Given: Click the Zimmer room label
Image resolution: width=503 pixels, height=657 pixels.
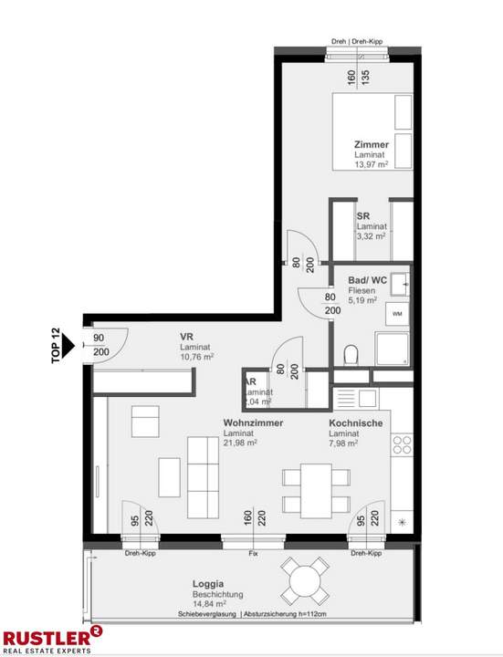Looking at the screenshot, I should pos(372,145).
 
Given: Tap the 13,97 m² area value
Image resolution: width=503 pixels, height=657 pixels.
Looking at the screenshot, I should pos(372,166).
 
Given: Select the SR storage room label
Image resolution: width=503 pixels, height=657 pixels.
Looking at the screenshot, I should pos(362,215).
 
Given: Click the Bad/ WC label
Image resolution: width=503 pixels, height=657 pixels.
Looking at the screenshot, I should pos(367,281).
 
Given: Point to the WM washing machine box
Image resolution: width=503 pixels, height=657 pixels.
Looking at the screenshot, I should pos(397,313).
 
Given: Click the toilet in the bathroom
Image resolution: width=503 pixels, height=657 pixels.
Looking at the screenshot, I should pos(350,354).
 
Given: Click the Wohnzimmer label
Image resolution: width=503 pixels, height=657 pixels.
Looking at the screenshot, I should pos(253,423).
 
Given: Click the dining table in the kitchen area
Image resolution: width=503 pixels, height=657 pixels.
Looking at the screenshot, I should pos(315,489).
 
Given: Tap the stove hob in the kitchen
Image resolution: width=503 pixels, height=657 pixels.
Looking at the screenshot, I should pos(401,445).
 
